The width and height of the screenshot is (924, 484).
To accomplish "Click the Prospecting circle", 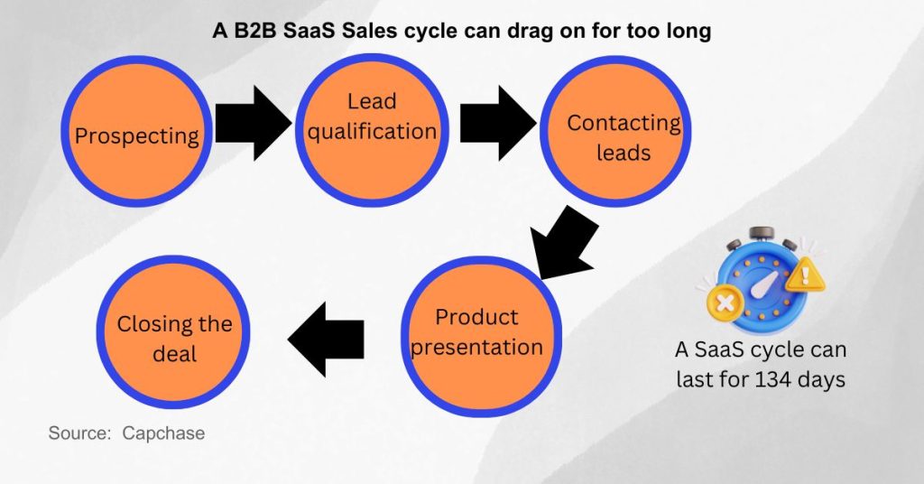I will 136,135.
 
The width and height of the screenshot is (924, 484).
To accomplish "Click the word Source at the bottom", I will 79,433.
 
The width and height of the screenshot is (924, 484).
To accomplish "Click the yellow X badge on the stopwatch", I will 722,301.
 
